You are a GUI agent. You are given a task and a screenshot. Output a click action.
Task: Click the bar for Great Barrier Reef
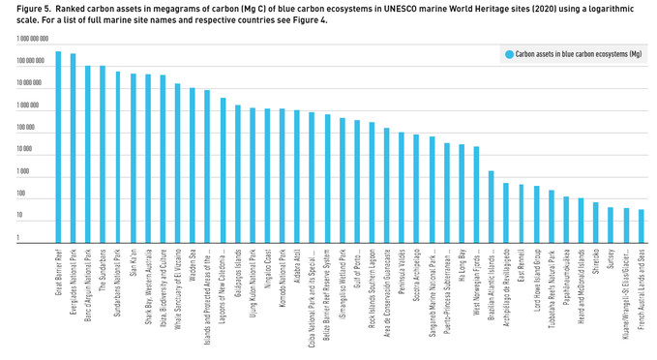[x=59, y=145]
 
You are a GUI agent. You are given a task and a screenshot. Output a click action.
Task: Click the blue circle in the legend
[x=507, y=55]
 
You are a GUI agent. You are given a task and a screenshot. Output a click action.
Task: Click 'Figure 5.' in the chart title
[x=20, y=9]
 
